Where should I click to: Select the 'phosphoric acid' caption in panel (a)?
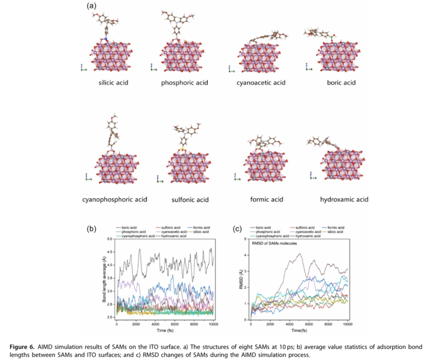184,83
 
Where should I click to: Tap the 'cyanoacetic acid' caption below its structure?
261,83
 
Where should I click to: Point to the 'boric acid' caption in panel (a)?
341,83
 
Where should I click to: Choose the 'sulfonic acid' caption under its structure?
190,199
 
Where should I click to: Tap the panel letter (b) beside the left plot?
91,228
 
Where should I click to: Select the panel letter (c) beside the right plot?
237,228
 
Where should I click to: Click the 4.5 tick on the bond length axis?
110,251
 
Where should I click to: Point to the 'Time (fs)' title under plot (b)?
165,331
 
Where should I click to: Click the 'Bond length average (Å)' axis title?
104,279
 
